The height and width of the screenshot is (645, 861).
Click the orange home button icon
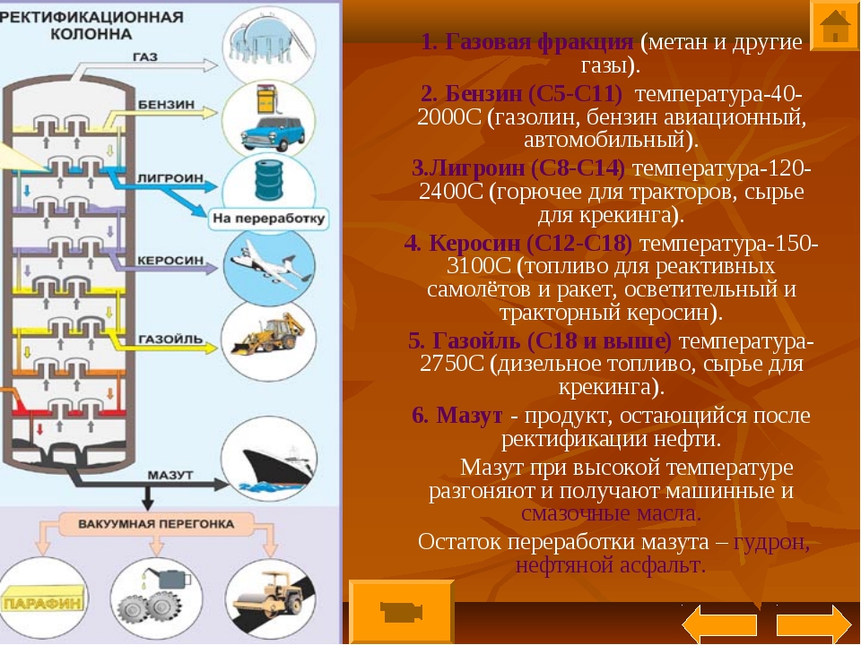tap(834, 25)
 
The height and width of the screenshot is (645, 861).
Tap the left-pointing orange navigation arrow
tap(718, 624)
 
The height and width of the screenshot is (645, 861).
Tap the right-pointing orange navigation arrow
tap(813, 624)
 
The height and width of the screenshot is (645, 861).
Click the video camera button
tap(402, 611)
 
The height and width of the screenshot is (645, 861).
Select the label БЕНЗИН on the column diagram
tap(166, 104)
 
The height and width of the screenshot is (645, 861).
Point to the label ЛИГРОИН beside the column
tap(170, 178)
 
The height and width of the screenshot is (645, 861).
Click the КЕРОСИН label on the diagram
tap(170, 260)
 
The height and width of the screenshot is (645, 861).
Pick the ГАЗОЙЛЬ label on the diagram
tap(170, 339)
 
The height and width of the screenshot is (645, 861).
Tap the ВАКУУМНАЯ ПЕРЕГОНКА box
tap(156, 524)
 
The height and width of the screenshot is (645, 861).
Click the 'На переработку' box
tap(268, 219)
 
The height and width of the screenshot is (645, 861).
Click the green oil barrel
tap(269, 180)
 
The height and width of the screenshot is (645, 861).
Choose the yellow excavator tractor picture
tap(268, 333)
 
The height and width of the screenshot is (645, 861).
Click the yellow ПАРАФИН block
tap(43, 601)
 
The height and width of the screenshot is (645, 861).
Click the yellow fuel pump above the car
tap(266, 99)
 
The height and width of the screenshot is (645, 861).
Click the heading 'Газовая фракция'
tap(539, 42)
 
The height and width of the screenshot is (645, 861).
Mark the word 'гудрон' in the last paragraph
tap(771, 542)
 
